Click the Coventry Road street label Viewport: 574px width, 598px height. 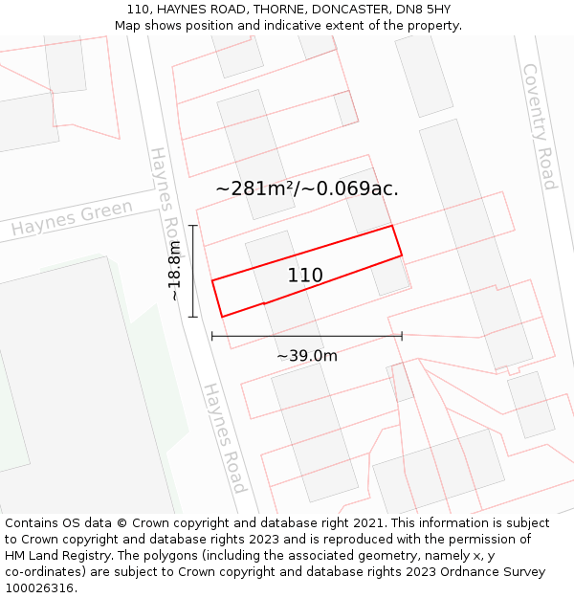538,126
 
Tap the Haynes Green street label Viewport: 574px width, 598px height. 72,219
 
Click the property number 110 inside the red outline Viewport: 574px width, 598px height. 305,276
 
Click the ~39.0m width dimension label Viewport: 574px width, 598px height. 307,356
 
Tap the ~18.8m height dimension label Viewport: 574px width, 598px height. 174,271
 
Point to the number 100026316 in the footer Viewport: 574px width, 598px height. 39,587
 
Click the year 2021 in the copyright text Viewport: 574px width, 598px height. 366,523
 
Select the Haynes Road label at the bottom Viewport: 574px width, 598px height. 225,437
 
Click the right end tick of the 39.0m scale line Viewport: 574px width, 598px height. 402,336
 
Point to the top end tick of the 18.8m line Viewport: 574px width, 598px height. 193,226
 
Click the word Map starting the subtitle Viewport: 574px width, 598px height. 128,25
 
